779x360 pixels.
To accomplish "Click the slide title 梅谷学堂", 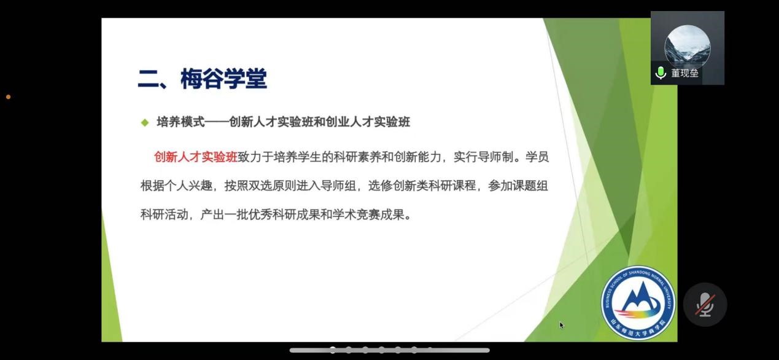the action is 223,79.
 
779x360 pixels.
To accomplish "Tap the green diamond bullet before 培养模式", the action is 145,122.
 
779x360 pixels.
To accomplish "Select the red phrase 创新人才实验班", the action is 196,157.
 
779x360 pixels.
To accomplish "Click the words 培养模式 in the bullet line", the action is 180,122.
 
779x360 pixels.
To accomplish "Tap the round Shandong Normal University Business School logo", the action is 638,303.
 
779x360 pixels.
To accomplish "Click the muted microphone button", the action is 705,305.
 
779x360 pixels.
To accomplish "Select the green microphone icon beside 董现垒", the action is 661,73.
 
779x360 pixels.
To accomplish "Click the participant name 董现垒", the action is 684,73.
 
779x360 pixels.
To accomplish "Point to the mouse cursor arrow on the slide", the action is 561,325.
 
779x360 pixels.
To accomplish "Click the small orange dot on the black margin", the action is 9,97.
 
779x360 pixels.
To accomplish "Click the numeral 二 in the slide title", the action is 148,79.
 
